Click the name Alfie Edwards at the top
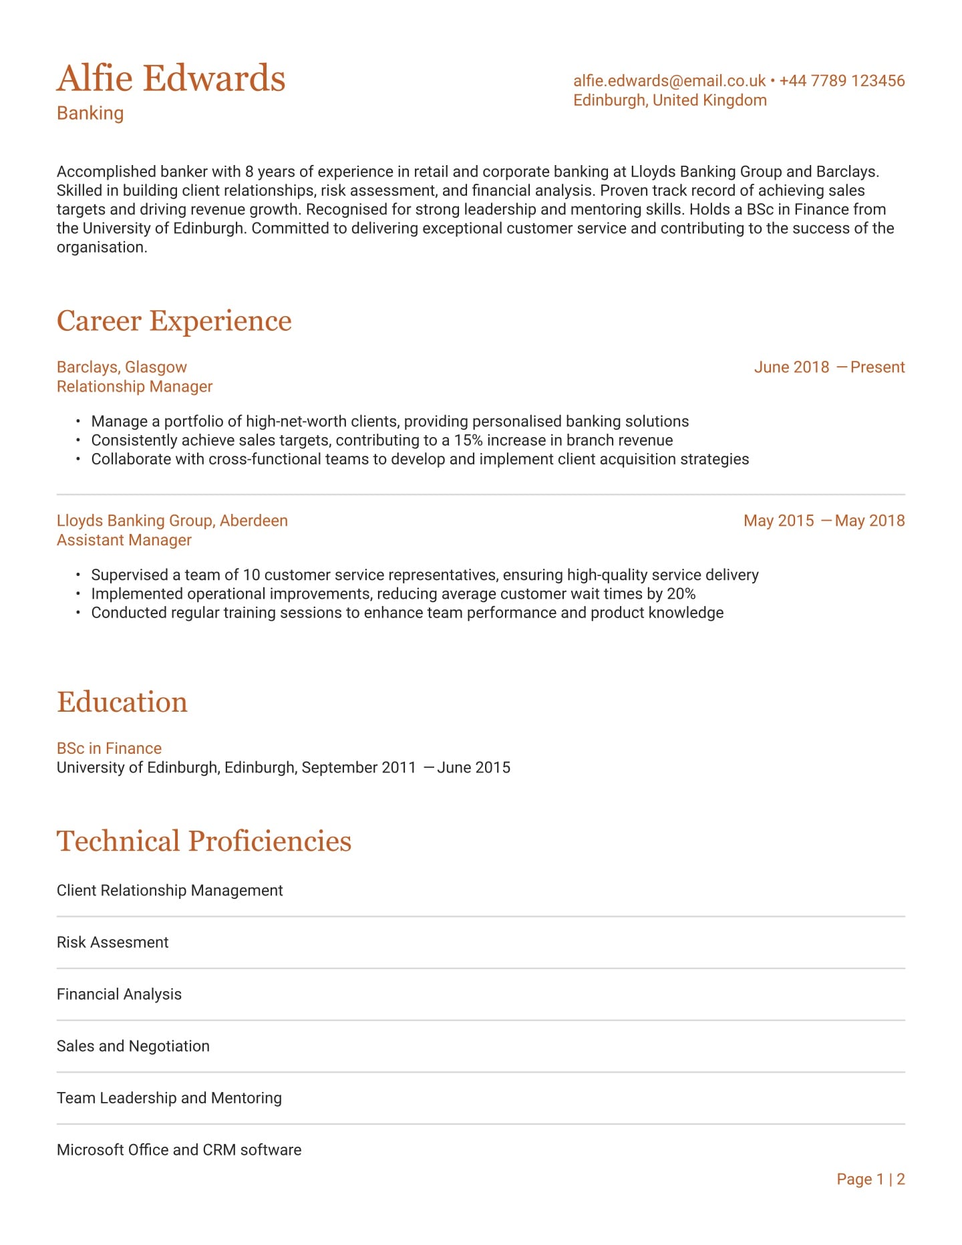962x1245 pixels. pos(171,78)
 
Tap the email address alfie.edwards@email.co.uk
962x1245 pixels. pos(669,81)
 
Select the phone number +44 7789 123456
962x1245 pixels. pos(842,81)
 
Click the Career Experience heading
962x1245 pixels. pos(174,321)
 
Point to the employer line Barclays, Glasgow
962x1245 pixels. pos(122,367)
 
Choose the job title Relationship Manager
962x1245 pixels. pos(134,386)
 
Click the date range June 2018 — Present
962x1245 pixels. pos(829,367)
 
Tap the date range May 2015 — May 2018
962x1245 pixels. pos(824,521)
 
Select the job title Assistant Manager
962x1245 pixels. pos(124,540)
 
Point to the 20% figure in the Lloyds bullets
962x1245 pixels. pos(681,594)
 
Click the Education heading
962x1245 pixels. pos(122,702)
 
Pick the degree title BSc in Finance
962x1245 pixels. pos(109,748)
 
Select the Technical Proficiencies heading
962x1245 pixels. pos(204,841)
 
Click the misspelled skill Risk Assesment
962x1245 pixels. pos(112,942)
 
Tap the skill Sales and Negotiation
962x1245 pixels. pos(133,1046)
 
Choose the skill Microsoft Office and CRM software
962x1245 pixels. pos(179,1149)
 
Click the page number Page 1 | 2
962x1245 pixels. pos(870,1179)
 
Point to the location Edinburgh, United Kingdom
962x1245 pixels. pos(669,100)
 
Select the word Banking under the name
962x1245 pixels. pos(90,113)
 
